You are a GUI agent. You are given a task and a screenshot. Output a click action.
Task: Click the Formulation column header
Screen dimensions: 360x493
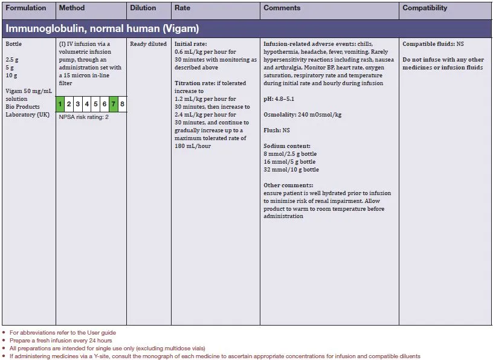click(x=26, y=8)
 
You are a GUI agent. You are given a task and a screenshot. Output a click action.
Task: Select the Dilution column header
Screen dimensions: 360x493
click(x=143, y=8)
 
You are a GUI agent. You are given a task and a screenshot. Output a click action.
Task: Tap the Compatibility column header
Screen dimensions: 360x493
click(x=425, y=8)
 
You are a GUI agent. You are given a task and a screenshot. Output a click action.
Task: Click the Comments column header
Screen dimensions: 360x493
click(x=282, y=8)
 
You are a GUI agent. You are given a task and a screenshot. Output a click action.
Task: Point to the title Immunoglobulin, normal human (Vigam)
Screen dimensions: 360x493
click(x=102, y=28)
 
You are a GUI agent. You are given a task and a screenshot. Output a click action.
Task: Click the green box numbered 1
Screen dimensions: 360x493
click(x=60, y=104)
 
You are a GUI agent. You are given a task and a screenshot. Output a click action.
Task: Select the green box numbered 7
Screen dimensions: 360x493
click(x=113, y=104)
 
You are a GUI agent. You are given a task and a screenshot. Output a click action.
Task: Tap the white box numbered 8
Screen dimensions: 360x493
click(x=122, y=104)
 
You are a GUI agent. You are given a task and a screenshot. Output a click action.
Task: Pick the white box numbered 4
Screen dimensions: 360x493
click(x=86, y=104)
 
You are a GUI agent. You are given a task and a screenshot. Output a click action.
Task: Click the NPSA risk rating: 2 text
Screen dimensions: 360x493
click(x=83, y=117)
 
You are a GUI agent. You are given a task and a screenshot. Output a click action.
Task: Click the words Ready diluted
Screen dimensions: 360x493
click(x=148, y=44)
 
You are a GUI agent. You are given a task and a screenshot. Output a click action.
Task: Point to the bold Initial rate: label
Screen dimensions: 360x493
click(x=192, y=44)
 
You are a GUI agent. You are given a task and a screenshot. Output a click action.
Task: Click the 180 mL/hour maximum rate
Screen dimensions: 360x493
click(x=193, y=146)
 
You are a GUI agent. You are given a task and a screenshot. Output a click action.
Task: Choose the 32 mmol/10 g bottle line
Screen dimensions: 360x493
click(x=291, y=170)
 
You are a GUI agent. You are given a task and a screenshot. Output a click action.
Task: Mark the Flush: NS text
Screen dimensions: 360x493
click(x=277, y=130)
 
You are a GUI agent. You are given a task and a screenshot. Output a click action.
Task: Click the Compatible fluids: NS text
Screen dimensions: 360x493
click(x=433, y=44)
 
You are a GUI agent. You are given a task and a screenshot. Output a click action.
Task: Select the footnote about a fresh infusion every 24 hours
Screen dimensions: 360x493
click(x=62, y=340)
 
